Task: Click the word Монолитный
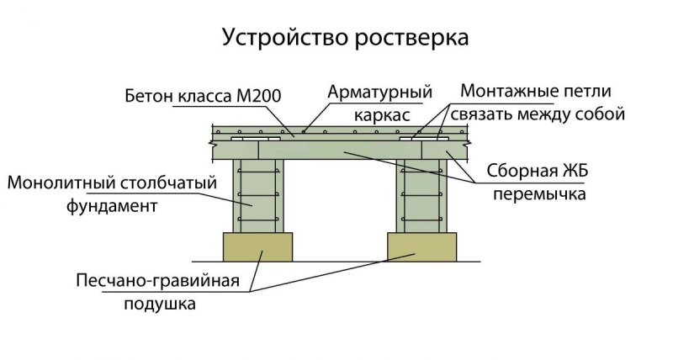[57, 183]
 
